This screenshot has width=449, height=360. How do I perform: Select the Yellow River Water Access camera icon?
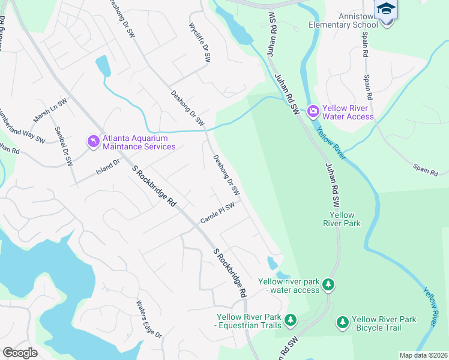pyautogui.click(x=313, y=111)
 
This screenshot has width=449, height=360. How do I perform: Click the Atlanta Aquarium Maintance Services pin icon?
pyautogui.click(x=93, y=142)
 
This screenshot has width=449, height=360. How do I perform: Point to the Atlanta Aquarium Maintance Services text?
pyautogui.click(x=139, y=142)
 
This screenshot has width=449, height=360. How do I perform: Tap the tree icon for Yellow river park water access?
pyautogui.click(x=328, y=283)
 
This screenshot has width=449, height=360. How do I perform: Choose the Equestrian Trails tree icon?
pyautogui.click(x=291, y=320)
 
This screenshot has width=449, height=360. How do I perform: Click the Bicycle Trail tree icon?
pyautogui.click(x=342, y=322)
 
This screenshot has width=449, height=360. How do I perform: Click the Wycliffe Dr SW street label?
pyautogui.click(x=200, y=44)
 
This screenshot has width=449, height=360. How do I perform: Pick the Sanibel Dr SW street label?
pyautogui.click(x=63, y=146)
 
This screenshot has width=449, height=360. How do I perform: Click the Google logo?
pyautogui.click(x=20, y=353)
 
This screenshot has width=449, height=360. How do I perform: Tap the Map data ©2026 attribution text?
pyautogui.click(x=423, y=355)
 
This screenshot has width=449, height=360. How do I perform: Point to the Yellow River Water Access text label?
pyautogui.click(x=348, y=112)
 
